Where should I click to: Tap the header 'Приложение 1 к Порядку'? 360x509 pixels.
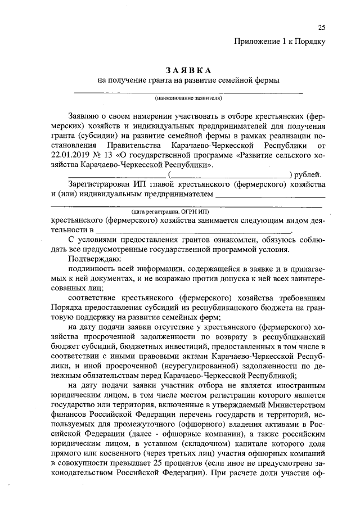tap(280, 40)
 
